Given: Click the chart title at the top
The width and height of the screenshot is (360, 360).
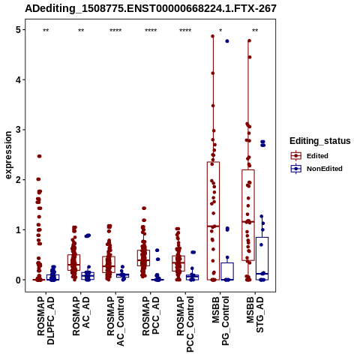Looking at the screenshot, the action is point(151,8).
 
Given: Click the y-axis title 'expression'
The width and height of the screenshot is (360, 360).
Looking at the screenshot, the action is point(8,155).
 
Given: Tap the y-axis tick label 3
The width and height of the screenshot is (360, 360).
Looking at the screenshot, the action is point(18,130).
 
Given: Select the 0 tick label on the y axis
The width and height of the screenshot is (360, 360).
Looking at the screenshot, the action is point(18,280).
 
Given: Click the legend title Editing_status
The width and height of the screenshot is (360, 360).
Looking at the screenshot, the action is point(320,141).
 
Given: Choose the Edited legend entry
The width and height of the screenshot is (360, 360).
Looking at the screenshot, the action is point(310,156).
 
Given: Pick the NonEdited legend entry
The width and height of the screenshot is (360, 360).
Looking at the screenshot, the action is point(316,169).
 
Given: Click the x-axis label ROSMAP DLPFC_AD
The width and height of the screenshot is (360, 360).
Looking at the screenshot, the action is point(46,320).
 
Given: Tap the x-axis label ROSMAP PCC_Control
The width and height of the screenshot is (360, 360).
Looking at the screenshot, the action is point(185,324).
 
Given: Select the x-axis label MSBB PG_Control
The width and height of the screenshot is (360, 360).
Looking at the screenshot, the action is point(220,321).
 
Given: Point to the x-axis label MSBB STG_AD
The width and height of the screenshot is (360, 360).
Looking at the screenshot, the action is point(255,314).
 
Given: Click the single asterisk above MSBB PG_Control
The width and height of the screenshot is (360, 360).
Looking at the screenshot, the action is point(220,31).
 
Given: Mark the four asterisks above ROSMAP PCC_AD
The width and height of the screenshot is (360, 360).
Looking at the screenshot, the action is point(151,31).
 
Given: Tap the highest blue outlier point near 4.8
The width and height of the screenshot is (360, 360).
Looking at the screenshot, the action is point(227,41).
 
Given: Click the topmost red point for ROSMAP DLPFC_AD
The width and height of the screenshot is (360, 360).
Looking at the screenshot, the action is point(39,156).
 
